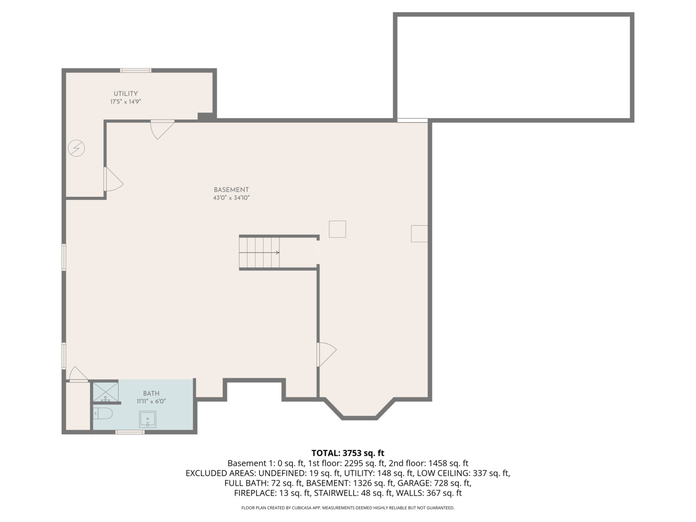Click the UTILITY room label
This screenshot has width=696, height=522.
click(x=126, y=94)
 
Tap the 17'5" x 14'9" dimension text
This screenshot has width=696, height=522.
click(x=126, y=102)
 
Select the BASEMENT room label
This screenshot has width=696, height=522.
click(x=231, y=190)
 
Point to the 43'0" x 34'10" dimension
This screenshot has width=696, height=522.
click(x=231, y=198)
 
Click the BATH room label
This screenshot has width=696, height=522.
click(x=151, y=393)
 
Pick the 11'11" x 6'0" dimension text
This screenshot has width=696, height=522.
click(x=151, y=401)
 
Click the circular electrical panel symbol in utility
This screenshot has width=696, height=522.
click(x=76, y=148)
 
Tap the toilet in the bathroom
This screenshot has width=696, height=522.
click(x=103, y=413)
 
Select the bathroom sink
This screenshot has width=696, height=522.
click(x=147, y=419)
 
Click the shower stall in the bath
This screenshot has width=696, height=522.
click(x=105, y=392)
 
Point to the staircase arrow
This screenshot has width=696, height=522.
click(x=276, y=252)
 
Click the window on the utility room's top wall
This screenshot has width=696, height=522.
click(x=135, y=71)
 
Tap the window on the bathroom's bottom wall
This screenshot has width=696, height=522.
click(x=130, y=432)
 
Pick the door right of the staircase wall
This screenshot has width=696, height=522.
click(x=326, y=354)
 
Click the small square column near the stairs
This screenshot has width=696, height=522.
click(x=337, y=229)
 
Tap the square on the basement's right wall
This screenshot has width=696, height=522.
click(x=419, y=233)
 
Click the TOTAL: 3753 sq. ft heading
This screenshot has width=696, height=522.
click(x=348, y=453)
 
